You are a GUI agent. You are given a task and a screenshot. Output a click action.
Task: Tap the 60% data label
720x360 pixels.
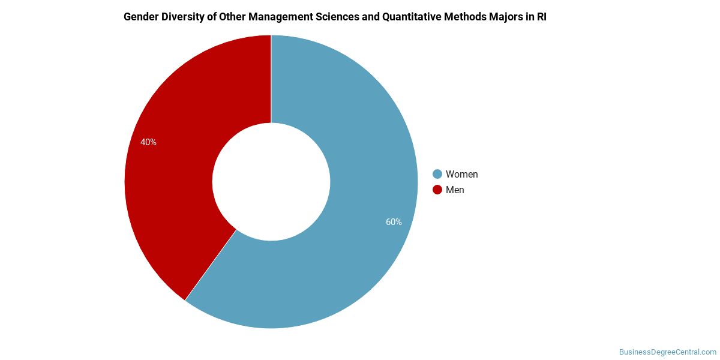tap(394, 222)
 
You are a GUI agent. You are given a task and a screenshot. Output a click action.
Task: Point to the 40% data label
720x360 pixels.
tap(148, 142)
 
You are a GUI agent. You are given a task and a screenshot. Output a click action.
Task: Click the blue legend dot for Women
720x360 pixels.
tap(437, 174)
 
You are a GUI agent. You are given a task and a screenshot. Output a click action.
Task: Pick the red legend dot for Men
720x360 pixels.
tap(437, 190)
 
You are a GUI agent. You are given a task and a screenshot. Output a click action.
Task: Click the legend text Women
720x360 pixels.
tap(461, 174)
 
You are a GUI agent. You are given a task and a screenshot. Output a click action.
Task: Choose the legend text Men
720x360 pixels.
tap(455, 190)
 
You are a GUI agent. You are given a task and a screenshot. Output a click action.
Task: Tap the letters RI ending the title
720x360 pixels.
tap(542, 17)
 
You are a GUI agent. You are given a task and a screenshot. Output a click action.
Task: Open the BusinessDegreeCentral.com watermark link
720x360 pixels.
tap(668, 352)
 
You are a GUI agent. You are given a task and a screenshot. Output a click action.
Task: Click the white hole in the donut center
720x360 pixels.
tap(271, 182)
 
